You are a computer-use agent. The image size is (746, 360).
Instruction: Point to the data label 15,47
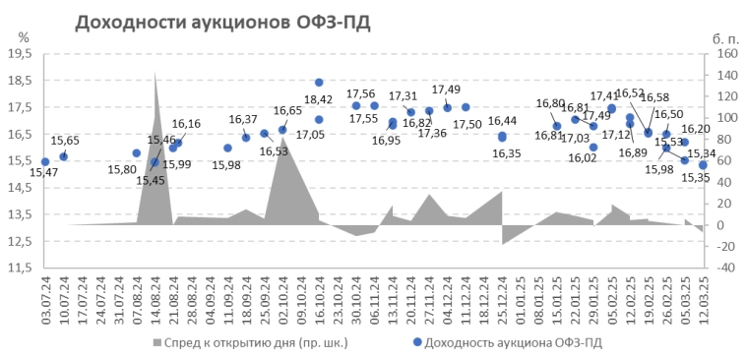click(x=43, y=173)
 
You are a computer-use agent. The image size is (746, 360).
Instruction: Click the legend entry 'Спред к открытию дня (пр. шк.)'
click(x=250, y=342)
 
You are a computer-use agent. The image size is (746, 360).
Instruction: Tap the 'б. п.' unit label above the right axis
click(x=724, y=37)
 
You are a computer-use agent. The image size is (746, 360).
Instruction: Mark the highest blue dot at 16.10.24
click(x=319, y=83)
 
